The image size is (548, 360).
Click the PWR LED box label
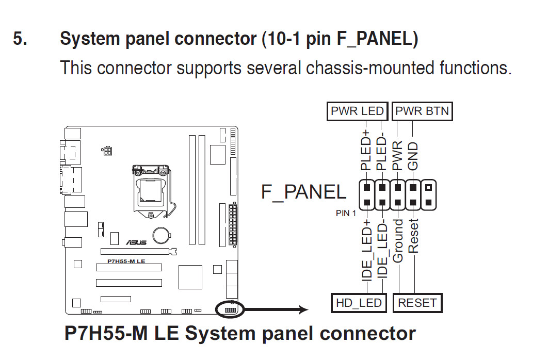pos(357,111)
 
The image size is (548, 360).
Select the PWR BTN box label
pos(422,111)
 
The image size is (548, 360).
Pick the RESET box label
pos(417,303)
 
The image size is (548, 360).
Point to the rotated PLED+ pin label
pos(366,151)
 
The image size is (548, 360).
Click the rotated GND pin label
pos(413,156)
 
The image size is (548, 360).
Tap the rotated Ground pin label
pos(398,240)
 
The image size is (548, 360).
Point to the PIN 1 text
pos(346,214)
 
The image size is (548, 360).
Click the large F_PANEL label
pos(304,192)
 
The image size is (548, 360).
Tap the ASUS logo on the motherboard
pos(136,242)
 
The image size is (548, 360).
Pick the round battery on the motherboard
pos(164,235)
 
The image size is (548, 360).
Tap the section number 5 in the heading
pos(20,39)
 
